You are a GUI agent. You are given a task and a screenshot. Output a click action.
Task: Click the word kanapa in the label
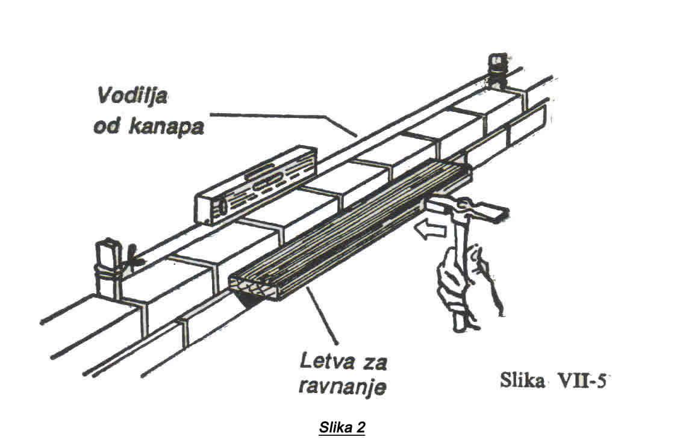(x=169, y=128)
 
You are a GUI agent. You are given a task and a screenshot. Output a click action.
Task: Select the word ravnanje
(x=342, y=386)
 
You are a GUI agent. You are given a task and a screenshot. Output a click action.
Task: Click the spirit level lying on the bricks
(x=257, y=187)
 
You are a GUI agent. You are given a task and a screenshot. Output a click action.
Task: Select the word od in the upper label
(x=108, y=128)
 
